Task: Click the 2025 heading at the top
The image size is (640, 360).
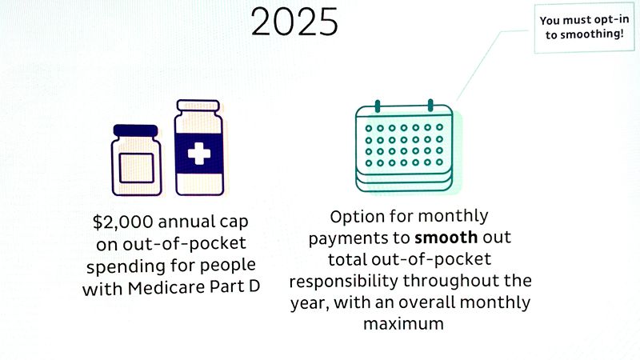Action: [294, 22]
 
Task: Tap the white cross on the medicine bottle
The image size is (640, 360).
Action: [199, 154]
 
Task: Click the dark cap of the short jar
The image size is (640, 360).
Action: [135, 130]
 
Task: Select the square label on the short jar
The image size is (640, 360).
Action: [137, 168]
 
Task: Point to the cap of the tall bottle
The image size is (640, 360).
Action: [198, 106]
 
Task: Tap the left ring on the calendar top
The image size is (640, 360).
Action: [378, 106]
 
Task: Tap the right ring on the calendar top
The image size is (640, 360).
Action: [430, 106]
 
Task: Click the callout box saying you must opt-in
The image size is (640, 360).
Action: [584, 28]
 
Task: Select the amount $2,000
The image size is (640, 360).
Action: [123, 222]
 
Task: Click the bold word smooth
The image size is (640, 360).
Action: [446, 237]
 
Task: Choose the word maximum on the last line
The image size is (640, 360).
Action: [404, 324]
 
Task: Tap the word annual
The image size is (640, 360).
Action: [186, 222]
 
